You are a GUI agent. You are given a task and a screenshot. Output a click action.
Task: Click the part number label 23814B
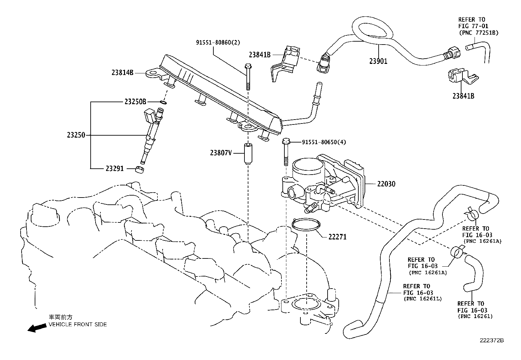[x=122, y=73]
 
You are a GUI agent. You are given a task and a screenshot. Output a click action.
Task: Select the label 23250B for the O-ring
[x=135, y=102]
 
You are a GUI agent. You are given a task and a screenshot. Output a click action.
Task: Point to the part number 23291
[x=115, y=169]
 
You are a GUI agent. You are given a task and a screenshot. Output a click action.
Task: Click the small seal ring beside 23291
[x=140, y=170]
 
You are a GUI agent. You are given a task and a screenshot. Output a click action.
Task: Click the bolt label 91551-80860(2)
[x=218, y=42]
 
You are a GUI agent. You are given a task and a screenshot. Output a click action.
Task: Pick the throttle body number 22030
[x=386, y=184]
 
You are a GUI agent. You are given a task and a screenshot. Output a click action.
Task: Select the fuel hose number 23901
[x=378, y=61]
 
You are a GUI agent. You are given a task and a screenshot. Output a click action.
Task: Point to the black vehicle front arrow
[x=36, y=328]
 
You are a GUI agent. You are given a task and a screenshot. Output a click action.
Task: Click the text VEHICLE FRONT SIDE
[x=78, y=324]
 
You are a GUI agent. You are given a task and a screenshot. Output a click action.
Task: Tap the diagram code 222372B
[x=492, y=340]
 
